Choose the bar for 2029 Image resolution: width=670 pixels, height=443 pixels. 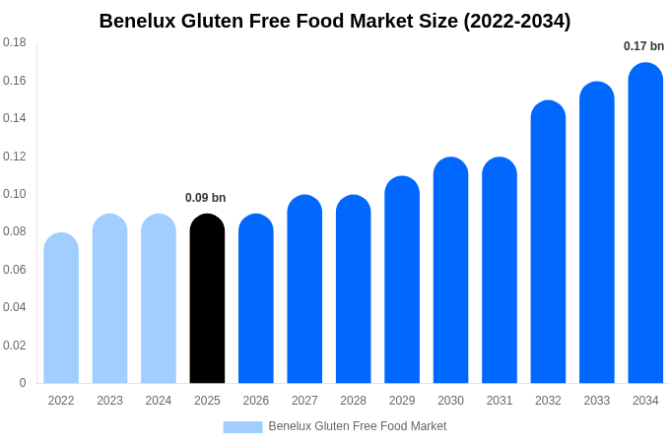[x=402, y=280]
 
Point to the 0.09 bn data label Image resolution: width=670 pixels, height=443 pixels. [x=206, y=198]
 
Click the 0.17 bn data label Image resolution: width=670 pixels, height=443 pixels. [x=643, y=46]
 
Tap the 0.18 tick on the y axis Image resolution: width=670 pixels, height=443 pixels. [x=15, y=42]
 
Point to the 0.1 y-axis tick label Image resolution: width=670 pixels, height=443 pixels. [x=15, y=194]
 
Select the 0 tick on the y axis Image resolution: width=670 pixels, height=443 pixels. [x=23, y=383]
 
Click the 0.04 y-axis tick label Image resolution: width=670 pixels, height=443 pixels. [x=15, y=307]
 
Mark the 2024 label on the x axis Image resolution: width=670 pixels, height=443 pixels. [x=159, y=401]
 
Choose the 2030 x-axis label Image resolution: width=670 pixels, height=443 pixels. [x=450, y=401]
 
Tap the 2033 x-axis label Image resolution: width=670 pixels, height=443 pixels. [x=597, y=401]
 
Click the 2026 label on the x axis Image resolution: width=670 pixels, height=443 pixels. [x=256, y=401]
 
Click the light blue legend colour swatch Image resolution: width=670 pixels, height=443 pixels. [x=242, y=426]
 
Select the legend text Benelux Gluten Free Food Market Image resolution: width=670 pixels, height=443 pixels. [x=358, y=426]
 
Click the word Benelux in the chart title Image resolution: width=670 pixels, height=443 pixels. [x=139, y=21]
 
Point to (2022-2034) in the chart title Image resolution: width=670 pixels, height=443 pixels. [x=516, y=21]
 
